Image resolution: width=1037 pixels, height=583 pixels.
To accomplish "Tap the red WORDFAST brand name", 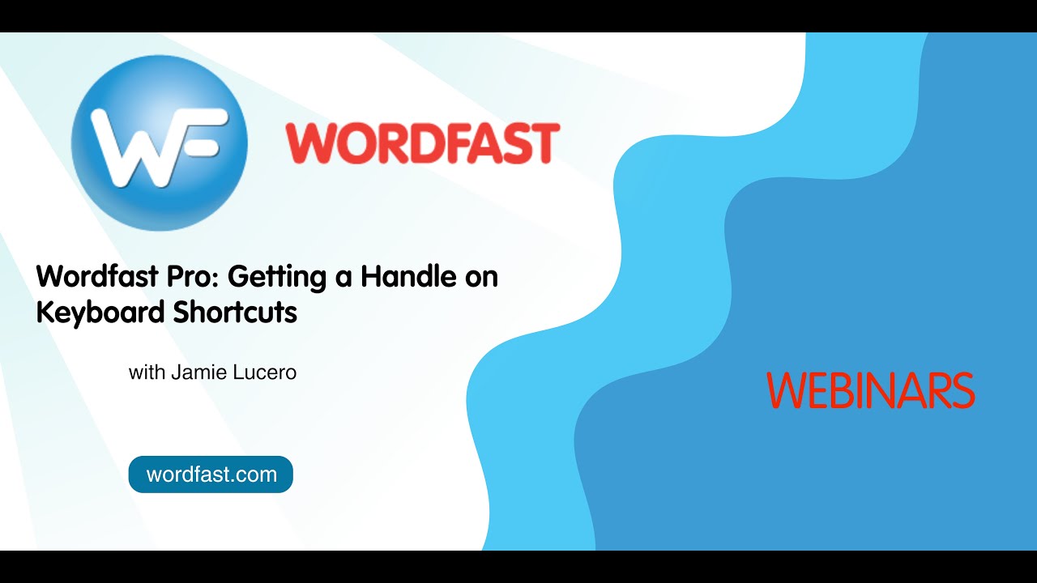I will tap(422, 143).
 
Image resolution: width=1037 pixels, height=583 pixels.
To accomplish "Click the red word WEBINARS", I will tap(870, 390).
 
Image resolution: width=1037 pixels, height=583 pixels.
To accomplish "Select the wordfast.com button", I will tap(211, 474).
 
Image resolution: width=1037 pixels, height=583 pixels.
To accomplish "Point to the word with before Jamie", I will tap(146, 373).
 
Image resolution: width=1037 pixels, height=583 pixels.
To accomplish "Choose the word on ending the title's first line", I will tap(480, 278).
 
